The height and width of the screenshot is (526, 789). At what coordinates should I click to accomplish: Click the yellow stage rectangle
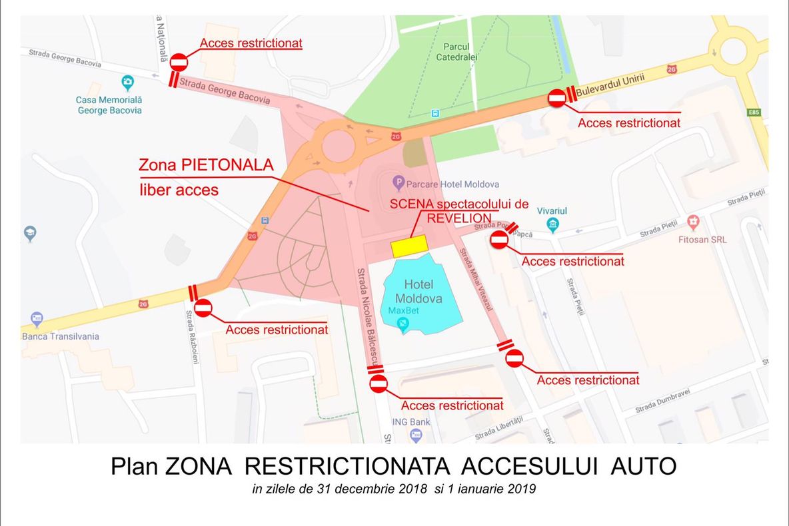409,246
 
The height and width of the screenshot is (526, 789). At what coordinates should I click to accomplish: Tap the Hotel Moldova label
418,292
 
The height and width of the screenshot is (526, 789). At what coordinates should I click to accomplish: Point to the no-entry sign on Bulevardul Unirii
557,99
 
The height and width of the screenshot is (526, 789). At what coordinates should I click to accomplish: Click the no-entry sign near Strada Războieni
203,308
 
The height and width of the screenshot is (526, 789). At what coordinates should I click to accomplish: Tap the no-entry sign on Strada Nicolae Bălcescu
379,384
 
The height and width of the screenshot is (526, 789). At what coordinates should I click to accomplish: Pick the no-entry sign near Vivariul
499,240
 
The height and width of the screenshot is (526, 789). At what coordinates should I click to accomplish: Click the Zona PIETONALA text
206,164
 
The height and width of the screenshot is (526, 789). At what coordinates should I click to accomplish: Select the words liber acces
179,190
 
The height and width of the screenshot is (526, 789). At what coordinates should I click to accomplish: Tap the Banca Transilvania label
61,336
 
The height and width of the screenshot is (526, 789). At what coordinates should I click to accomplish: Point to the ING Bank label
410,421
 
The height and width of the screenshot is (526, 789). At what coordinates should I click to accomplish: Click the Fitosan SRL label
702,240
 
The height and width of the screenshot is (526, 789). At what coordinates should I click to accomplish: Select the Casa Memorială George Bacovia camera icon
127,83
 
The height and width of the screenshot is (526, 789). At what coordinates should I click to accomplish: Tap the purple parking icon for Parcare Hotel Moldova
398,181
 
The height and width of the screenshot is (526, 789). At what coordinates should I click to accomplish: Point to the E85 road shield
754,113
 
